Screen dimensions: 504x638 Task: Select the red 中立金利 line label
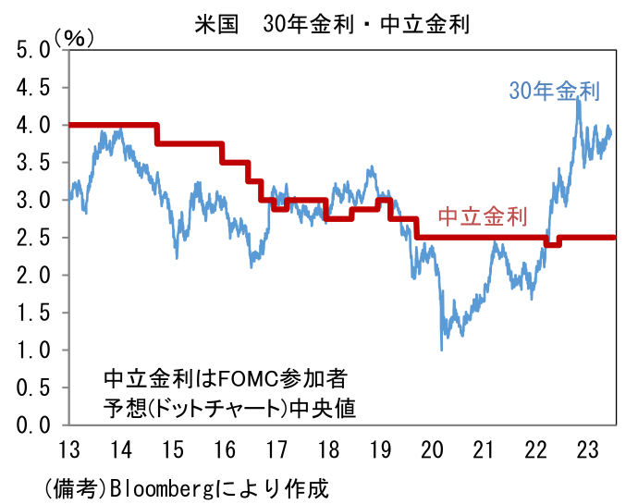coord(482,217)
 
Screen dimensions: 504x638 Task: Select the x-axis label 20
coord(432,451)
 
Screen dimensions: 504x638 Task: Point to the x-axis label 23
coord(587,451)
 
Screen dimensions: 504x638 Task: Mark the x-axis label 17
coord(276,451)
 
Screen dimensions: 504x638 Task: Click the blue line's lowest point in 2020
coord(441,350)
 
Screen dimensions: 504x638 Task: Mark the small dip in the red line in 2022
coord(552,244)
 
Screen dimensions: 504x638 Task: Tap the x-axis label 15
coord(171,451)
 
